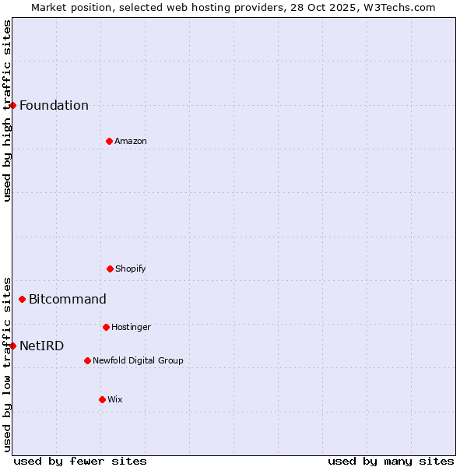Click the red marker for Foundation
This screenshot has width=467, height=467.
(12, 105)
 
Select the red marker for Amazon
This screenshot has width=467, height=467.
(109, 141)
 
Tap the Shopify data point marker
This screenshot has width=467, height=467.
(110, 269)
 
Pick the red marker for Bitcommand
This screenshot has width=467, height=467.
(22, 299)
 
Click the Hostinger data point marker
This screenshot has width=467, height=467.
(106, 327)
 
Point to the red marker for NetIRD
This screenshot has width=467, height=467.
(12, 346)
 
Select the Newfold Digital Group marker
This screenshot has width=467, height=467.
(87, 360)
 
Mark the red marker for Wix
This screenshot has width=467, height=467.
(102, 399)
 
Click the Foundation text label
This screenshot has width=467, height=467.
(54, 106)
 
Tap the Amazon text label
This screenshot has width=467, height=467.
(131, 142)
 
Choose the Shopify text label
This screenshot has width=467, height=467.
(131, 269)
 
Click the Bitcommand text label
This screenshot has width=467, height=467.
(68, 300)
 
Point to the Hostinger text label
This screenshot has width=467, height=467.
(131, 328)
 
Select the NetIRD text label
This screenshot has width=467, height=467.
(42, 346)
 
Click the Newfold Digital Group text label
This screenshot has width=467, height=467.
(138, 361)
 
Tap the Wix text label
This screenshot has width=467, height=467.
(115, 400)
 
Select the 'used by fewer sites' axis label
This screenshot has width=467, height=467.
(80, 461)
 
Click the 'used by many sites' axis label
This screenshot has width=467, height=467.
(391, 461)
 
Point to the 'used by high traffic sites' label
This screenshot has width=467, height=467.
(7, 111)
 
